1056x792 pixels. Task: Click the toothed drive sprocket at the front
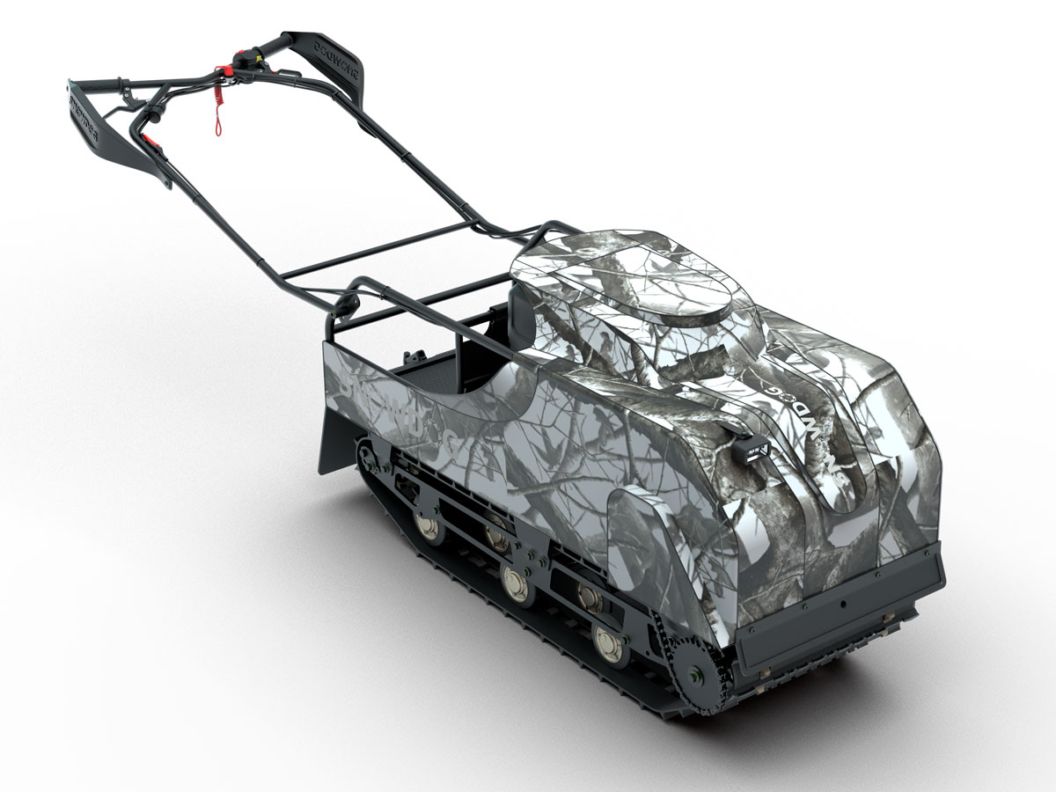click(694, 672)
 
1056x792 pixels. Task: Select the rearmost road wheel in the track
click(430, 526)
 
